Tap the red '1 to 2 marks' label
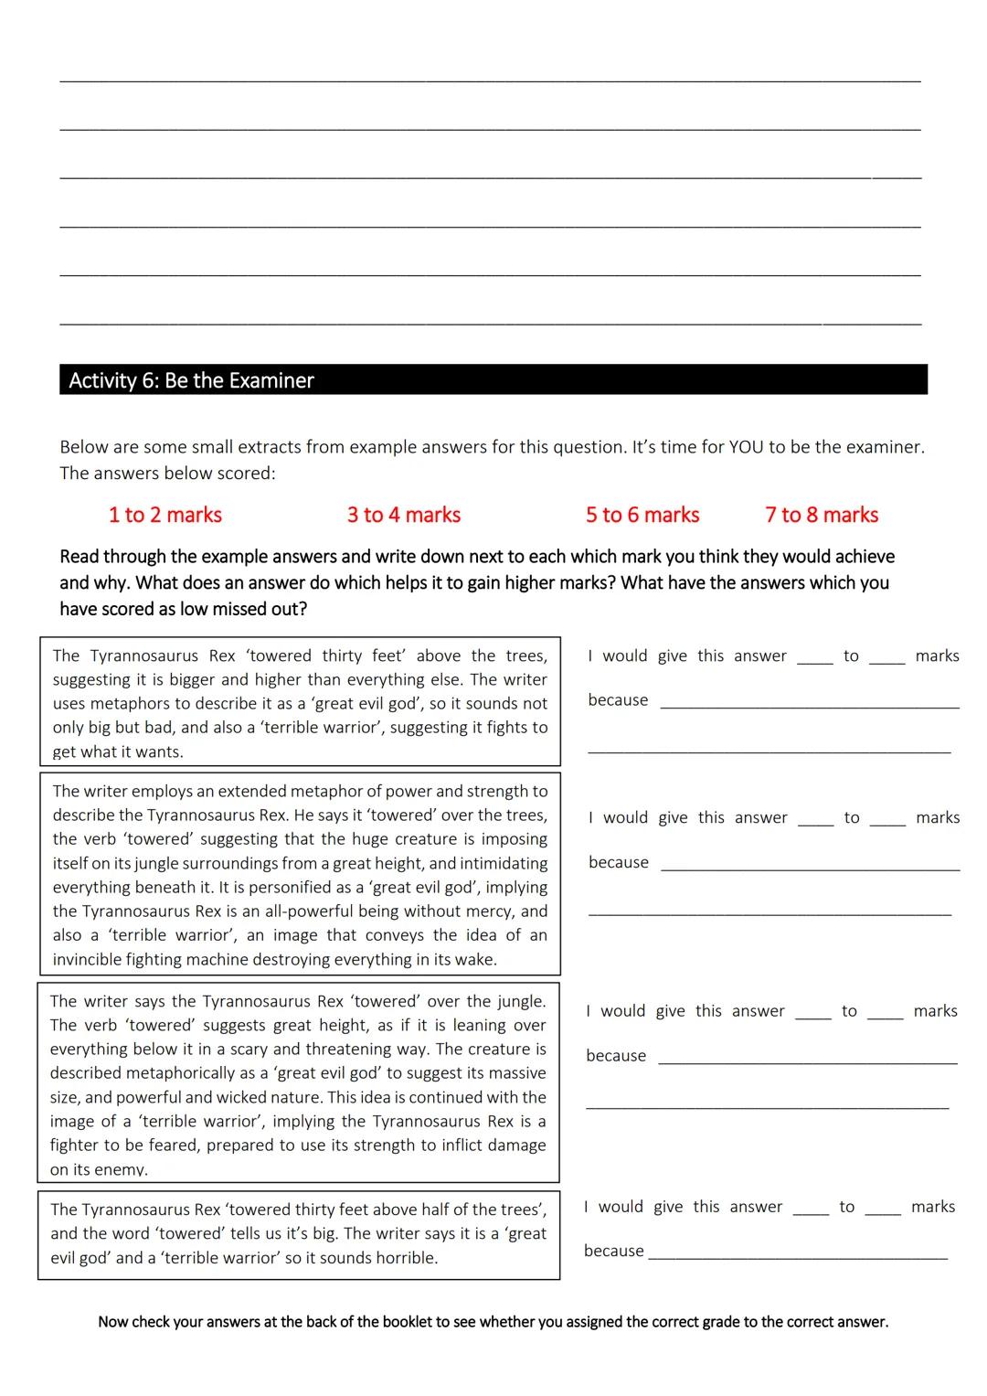165,515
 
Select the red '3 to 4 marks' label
404,515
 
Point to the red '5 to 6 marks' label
642,515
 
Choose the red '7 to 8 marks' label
822,515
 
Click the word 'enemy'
124,1169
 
